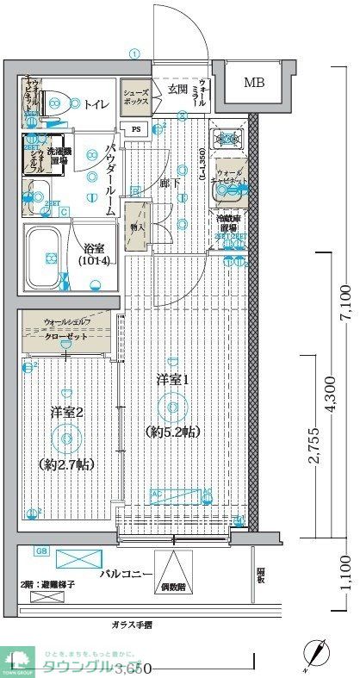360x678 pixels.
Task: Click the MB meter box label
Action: tap(254, 83)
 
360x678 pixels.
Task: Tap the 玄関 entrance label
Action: tap(177, 89)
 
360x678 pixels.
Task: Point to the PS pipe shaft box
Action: tap(135, 129)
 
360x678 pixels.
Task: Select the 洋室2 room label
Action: tap(65, 413)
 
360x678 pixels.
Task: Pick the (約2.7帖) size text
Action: tap(66, 464)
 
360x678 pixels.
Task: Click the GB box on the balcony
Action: tap(40, 550)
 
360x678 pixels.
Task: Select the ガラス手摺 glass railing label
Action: tap(131, 625)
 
